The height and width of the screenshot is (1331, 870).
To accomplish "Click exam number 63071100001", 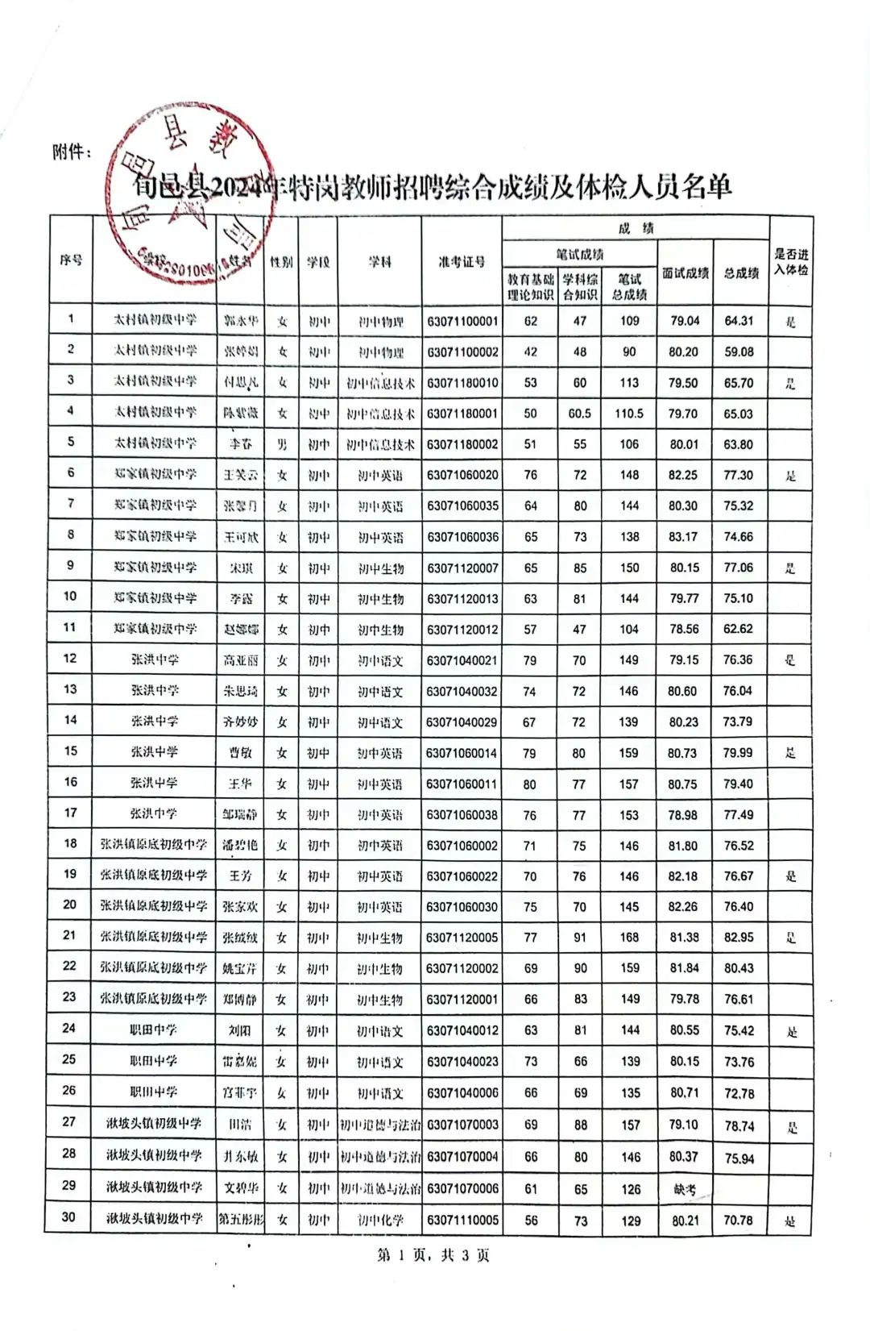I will tap(462, 321).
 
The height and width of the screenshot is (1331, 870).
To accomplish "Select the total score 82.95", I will tap(739, 938).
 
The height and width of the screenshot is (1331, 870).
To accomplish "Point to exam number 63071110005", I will tap(462, 1220).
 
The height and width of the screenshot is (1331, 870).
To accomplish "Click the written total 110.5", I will tap(629, 414).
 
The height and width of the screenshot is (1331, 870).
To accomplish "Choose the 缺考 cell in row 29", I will tap(685, 1189).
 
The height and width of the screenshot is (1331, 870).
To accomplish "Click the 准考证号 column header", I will tap(462, 261).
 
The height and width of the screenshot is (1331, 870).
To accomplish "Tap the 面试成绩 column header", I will tap(685, 273).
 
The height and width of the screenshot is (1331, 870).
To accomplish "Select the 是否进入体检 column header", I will tap(791, 261).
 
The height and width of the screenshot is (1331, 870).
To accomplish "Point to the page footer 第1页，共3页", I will tap(433, 1255).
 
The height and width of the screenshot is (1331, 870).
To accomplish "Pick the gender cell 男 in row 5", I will tap(282, 444).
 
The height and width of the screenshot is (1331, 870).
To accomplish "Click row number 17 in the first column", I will tap(70, 813).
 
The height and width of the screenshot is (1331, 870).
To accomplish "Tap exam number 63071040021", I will tap(462, 660).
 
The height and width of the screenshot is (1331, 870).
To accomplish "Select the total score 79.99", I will tap(738, 753).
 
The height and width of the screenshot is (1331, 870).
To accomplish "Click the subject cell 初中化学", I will tap(380, 1221).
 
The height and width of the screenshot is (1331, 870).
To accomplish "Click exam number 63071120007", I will tap(462, 568).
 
